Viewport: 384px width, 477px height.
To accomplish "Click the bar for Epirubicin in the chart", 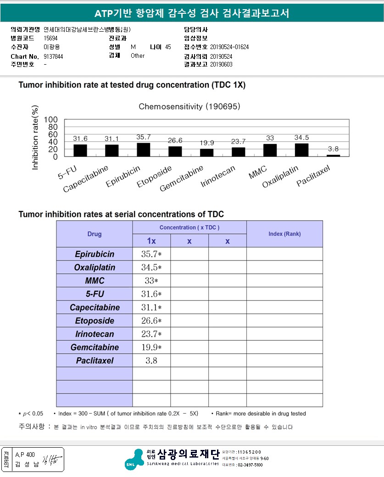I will tap(143, 150).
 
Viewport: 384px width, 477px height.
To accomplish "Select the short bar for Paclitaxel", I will tap(333, 155).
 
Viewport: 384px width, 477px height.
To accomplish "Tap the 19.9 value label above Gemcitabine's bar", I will tap(206, 143).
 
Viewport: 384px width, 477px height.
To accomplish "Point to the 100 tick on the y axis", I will tap(50, 120).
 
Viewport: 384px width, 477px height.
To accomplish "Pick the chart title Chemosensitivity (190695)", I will tap(189, 106).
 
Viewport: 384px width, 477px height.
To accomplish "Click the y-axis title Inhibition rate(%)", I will tap(35, 138).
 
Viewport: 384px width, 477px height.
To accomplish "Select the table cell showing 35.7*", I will tap(151, 254).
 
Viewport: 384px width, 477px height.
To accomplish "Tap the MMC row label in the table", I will tap(95, 281).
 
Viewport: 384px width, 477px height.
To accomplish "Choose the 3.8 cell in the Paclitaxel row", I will tap(151, 361).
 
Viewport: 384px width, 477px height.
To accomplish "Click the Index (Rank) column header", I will tap(284, 234).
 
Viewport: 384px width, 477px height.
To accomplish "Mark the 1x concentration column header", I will tap(151, 241).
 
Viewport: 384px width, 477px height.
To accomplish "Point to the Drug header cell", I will tap(95, 234).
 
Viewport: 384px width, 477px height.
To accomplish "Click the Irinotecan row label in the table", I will tap(95, 334).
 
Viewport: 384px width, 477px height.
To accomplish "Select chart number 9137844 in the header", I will tap(53, 56).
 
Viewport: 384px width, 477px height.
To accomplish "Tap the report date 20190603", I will tap(221, 65).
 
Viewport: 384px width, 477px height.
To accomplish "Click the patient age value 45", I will tap(168, 47).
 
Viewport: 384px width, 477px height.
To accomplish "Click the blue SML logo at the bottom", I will tap(134, 459).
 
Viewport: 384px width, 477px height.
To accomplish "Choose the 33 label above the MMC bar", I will tap(270, 138).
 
